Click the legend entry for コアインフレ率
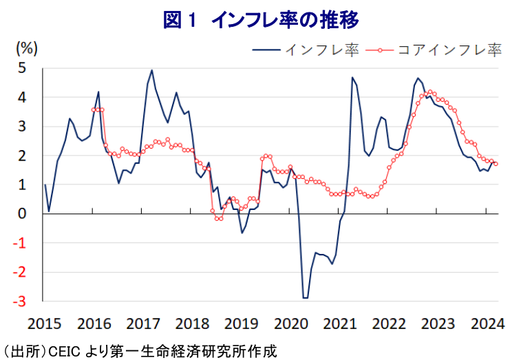point(448,50)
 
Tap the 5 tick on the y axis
point(23,68)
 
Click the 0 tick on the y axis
point(23,214)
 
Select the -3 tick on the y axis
point(21,301)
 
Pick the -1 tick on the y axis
point(21,243)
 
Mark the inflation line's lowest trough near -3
point(305,298)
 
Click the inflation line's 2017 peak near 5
point(151,70)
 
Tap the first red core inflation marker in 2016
point(94,109)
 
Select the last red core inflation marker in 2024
point(496,163)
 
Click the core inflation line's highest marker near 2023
point(430,92)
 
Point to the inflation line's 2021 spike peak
point(352,78)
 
